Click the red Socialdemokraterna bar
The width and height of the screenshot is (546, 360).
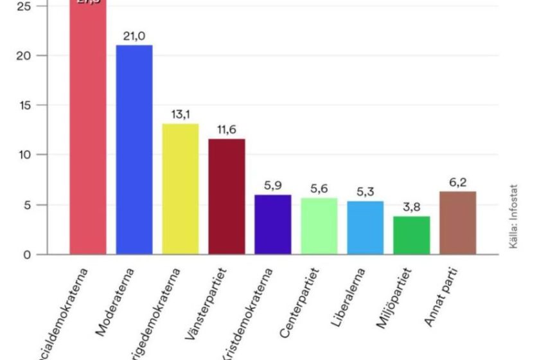coord(88,129)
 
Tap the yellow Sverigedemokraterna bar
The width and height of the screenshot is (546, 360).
coord(181,189)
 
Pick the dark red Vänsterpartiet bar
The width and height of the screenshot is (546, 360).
coord(227,196)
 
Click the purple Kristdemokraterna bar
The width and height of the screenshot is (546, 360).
coord(273,224)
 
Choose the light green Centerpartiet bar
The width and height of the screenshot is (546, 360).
coord(319,226)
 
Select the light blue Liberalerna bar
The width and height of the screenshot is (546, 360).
coord(365,228)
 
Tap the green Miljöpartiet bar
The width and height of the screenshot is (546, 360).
coord(412,235)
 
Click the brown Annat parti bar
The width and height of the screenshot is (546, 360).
coord(458,223)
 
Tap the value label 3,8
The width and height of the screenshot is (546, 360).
coord(412,208)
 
